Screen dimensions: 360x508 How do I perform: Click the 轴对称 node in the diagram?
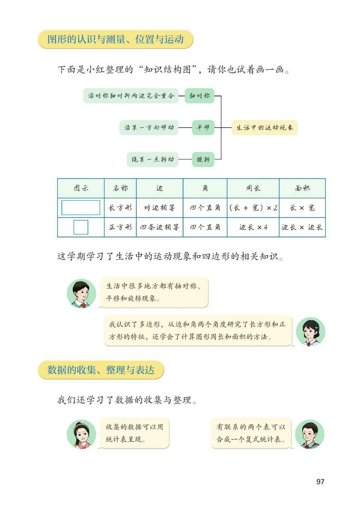[x=200, y=96]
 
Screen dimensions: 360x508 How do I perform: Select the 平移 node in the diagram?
[x=203, y=127]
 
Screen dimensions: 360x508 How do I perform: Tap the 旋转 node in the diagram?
[x=203, y=159]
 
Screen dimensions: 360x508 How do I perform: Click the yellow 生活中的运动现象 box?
[x=264, y=127]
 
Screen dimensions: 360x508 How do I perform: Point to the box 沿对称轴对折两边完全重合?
[x=131, y=96]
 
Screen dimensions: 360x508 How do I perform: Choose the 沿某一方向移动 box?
[x=149, y=127]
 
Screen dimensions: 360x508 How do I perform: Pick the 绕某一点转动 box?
[x=153, y=159]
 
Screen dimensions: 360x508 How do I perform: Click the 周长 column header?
[x=253, y=188]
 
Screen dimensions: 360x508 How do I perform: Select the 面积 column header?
[x=302, y=188]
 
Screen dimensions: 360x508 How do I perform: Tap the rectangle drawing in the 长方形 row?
[x=81, y=208]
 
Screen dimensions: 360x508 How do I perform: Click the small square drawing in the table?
[x=81, y=227]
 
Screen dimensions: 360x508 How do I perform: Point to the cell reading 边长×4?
[x=253, y=227]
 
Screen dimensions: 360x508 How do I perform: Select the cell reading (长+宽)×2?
[x=253, y=208]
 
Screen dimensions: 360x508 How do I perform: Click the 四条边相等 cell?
[x=160, y=227]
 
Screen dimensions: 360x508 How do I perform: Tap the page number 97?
[x=320, y=482]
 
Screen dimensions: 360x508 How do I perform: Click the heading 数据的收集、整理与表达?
[x=101, y=370]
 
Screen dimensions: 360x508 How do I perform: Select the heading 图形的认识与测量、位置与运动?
[x=115, y=39]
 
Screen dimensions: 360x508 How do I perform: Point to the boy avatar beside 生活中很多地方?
[x=81, y=293]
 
